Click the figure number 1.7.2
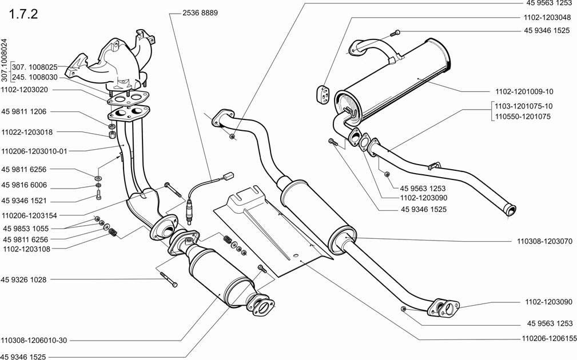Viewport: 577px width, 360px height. click(23, 14)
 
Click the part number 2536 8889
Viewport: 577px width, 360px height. click(200, 13)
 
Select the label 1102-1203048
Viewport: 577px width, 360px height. click(547, 17)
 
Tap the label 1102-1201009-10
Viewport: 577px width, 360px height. click(524, 91)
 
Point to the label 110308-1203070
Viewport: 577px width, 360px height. click(544, 241)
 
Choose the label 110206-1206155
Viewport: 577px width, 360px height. click(547, 338)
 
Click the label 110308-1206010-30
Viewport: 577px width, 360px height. click(34, 340)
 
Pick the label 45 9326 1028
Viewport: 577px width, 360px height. click(23, 279)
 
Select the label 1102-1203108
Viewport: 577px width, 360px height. click(26, 249)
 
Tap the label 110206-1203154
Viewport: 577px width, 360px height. click(29, 215)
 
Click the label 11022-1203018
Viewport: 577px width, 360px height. click(27, 131)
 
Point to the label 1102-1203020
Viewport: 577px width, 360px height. click(24, 89)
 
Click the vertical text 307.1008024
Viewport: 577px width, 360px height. click(5, 61)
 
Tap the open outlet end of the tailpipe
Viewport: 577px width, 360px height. click(511, 210)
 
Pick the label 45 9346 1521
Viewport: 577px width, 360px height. click(24, 201)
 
